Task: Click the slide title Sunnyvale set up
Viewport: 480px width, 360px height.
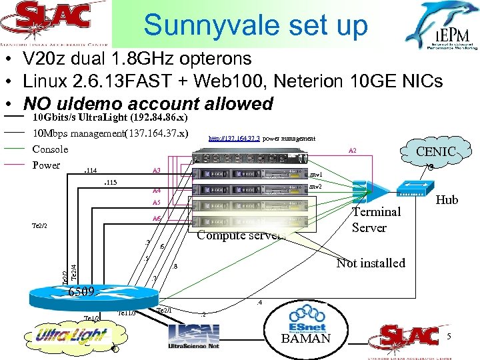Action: (x=255, y=26)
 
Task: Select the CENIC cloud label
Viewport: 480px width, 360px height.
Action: (x=435, y=152)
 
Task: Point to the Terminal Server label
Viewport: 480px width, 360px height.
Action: (x=376, y=220)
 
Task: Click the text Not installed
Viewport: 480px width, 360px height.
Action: (x=371, y=263)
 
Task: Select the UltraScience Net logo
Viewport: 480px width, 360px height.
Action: (x=194, y=337)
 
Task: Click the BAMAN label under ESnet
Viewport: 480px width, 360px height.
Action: (x=306, y=339)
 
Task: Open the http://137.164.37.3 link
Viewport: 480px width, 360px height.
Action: (x=234, y=139)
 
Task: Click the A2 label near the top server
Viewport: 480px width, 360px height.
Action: (x=353, y=151)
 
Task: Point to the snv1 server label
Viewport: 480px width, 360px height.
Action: (x=316, y=175)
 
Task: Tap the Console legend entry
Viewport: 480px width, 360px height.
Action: (x=50, y=149)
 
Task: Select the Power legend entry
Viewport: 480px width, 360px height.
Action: (x=46, y=165)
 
